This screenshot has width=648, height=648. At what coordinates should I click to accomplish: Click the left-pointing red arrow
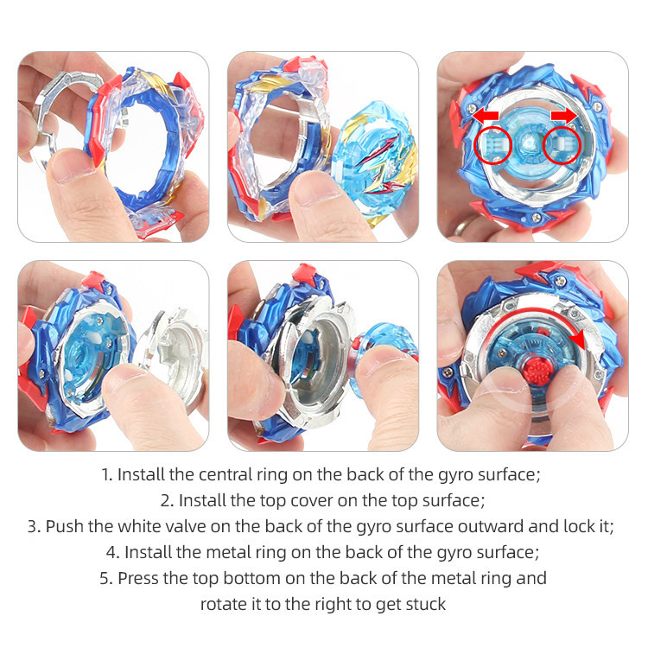(x=485, y=116)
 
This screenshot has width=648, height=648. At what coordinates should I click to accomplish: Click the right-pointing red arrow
(x=564, y=116)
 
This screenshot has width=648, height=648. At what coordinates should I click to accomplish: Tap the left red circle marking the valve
(x=493, y=145)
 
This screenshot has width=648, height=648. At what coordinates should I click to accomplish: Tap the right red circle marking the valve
(x=562, y=145)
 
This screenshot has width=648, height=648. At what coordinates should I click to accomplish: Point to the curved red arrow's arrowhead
(x=578, y=340)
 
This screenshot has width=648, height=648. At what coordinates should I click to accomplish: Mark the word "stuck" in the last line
(x=426, y=604)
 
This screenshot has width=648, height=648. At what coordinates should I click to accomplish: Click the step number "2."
(x=168, y=501)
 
